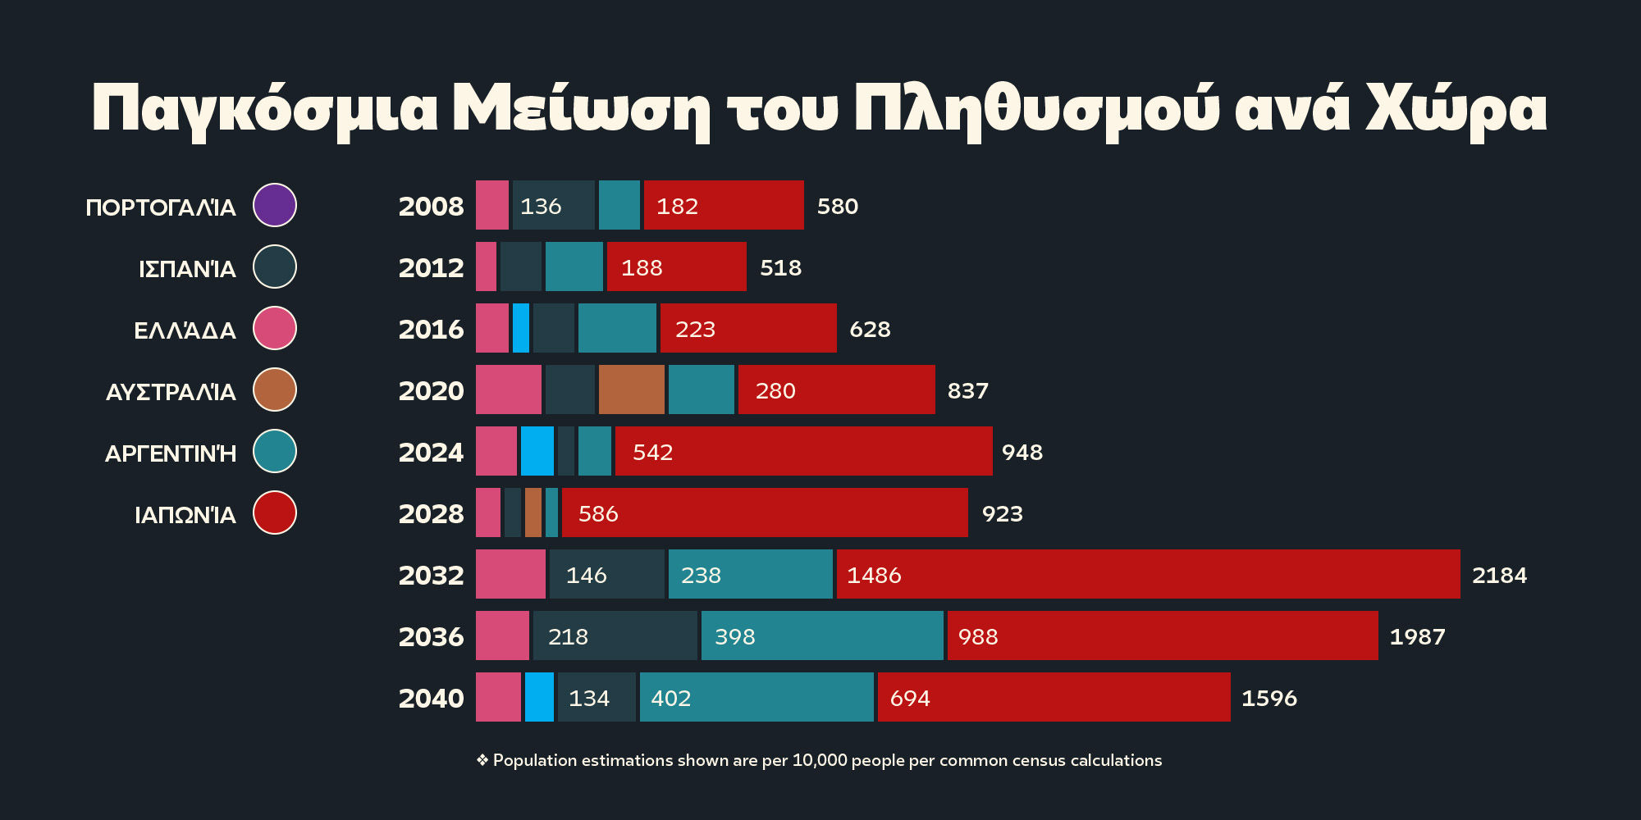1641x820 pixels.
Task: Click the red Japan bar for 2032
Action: [1149, 574]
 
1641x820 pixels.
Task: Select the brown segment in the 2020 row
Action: [632, 389]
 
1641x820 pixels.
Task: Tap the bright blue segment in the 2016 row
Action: [521, 328]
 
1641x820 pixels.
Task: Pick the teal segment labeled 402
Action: [757, 697]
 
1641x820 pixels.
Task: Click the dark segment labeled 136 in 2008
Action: [554, 205]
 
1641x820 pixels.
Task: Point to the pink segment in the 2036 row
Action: [502, 635]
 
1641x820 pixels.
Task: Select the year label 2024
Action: [431, 452]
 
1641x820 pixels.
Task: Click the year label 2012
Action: [431, 267]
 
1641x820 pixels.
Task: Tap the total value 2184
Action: [1499, 575]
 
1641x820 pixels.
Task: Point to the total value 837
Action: [968, 390]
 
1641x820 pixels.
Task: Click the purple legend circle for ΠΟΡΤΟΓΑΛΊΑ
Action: [275, 205]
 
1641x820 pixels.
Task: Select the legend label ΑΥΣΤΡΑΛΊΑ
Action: [171, 391]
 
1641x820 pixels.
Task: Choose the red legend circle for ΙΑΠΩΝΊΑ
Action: [275, 512]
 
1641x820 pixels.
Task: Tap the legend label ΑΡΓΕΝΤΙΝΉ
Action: [171, 453]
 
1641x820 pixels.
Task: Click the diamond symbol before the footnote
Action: [482, 760]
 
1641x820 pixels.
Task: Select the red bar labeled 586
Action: [765, 512]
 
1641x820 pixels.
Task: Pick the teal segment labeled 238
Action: [751, 574]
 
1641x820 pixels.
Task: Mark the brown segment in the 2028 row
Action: [533, 512]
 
